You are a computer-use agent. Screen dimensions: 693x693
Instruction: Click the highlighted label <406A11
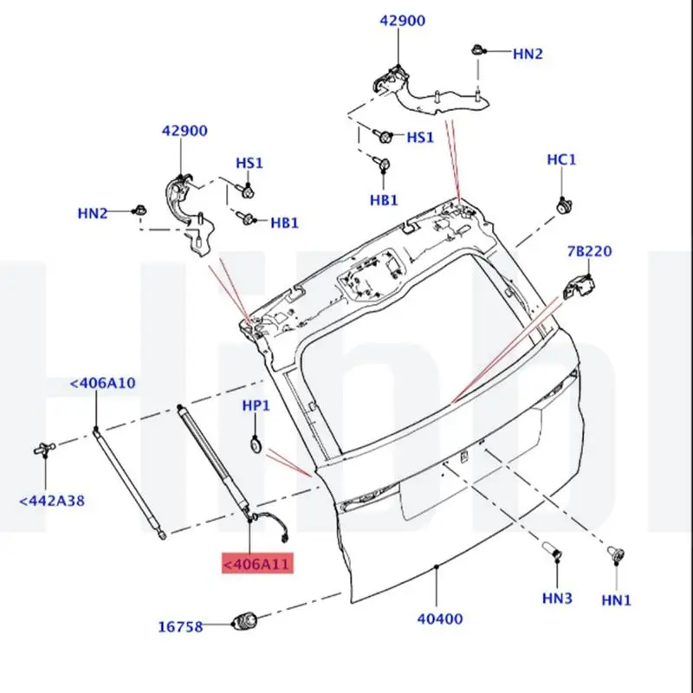tap(257, 564)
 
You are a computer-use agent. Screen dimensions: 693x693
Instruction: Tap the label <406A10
tap(102, 383)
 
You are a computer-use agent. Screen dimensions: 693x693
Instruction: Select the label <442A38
tap(52, 501)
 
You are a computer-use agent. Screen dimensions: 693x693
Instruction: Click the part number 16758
tap(180, 626)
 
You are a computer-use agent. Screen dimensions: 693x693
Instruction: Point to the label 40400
tap(440, 619)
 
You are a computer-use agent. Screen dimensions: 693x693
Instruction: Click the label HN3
tap(557, 598)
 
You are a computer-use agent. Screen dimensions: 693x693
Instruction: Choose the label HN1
tap(616, 599)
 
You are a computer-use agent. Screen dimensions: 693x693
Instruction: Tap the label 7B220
tap(590, 251)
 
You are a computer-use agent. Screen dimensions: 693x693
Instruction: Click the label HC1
tap(561, 159)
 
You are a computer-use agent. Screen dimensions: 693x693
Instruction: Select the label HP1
tap(256, 405)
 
